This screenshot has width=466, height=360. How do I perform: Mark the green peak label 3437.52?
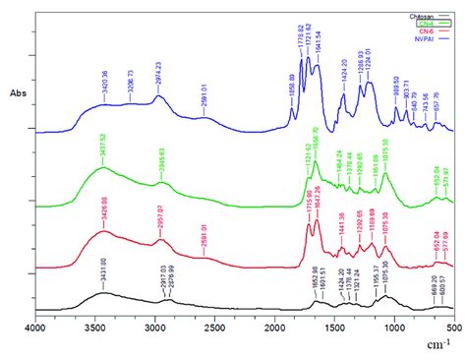pyautogui.click(x=101, y=150)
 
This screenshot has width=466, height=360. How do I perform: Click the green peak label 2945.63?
pyautogui.click(x=161, y=159)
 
